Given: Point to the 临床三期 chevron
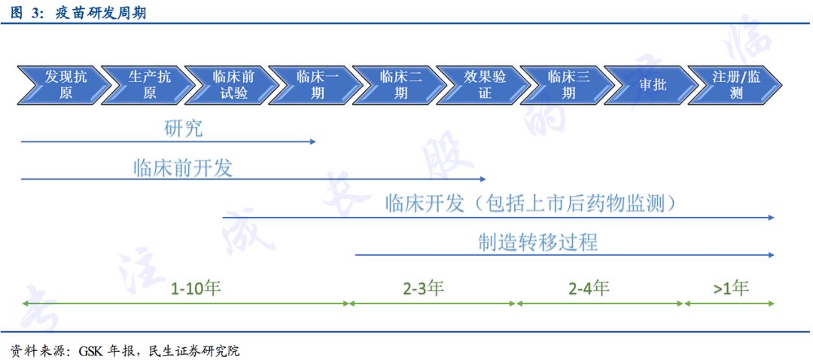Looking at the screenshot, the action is click(x=568, y=85).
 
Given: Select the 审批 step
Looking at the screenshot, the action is click(x=653, y=85).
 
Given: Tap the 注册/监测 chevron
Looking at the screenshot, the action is click(x=736, y=85).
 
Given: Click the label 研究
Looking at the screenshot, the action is click(x=183, y=128).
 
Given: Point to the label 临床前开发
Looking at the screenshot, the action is click(x=183, y=167).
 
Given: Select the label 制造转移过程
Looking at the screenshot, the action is click(x=537, y=242).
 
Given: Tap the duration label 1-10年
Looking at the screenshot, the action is click(x=196, y=288).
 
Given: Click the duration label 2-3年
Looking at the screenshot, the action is click(x=423, y=288).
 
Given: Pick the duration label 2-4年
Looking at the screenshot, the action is click(x=589, y=288).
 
